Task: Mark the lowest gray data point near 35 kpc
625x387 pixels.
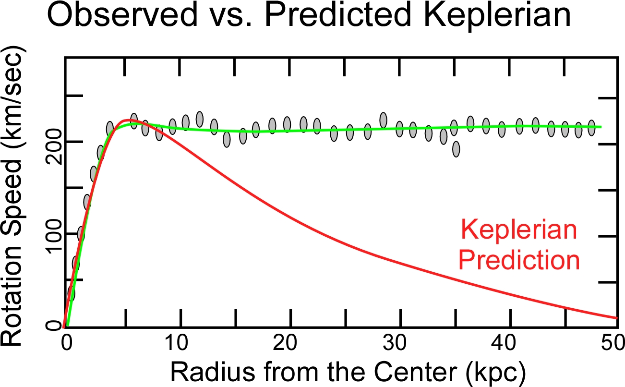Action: point(456,149)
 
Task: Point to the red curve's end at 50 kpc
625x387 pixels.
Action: point(616,318)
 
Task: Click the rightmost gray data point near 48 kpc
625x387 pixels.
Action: point(591,128)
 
